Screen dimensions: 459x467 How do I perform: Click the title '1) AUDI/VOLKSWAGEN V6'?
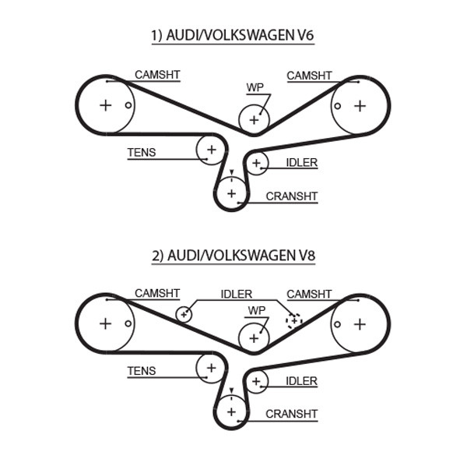tap(233, 34)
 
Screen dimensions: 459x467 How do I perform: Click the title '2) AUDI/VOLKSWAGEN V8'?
tap(233, 254)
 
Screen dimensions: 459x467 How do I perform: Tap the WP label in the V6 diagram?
tap(255, 88)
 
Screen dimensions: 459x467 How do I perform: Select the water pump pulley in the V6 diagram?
tap(254, 120)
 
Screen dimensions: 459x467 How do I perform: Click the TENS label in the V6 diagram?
tap(141, 153)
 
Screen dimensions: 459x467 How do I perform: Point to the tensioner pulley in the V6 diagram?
tap(210, 148)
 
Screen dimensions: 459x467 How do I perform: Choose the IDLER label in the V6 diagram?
tap(301, 162)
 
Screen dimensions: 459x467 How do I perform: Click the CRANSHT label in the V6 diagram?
tap(292, 196)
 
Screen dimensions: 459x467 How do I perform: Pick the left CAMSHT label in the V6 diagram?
tap(157, 75)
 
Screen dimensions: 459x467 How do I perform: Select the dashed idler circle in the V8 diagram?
tap(293, 320)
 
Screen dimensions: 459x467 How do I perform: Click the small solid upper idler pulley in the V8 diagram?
tap(184, 314)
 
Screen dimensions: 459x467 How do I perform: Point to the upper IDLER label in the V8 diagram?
tap(237, 294)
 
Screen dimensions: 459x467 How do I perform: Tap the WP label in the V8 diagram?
tap(255, 309)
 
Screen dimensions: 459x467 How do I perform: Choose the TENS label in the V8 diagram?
tap(141, 372)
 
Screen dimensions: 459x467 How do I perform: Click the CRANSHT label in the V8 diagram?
tap(292, 414)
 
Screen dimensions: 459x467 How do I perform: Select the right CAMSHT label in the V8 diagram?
tap(309, 294)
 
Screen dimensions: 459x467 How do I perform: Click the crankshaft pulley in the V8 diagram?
tap(230, 410)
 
